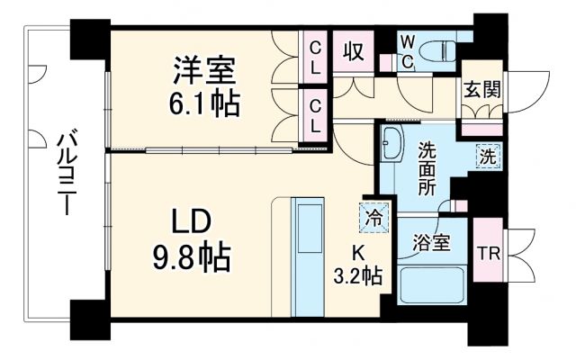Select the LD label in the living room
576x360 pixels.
coord(191,220)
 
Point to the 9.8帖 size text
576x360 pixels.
coord(191,258)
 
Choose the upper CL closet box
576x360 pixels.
coord(317,56)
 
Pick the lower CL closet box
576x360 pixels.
coord(317,116)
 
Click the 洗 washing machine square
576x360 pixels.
coord(487,155)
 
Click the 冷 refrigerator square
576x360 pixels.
coord(373,215)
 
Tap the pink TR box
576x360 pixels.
coord(488,253)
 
